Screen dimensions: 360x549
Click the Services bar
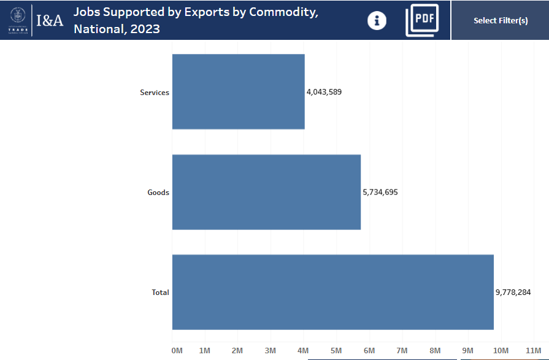click(x=238, y=92)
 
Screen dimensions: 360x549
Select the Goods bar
click(x=266, y=192)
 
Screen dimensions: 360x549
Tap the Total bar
click(x=332, y=292)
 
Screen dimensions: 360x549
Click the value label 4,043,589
click(x=324, y=92)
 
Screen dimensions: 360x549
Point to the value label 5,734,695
click(x=380, y=192)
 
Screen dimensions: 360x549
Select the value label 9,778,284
click(x=513, y=293)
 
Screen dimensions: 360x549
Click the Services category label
click(x=154, y=93)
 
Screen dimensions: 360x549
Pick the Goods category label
click(x=158, y=193)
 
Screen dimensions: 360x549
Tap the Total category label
click(x=160, y=293)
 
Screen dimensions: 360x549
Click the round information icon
click(x=377, y=21)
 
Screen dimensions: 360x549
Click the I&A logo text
click(x=49, y=20)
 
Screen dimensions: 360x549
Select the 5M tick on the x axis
click(x=336, y=350)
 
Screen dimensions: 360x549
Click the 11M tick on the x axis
click(x=533, y=350)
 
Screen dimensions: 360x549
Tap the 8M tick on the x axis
click(x=435, y=350)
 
